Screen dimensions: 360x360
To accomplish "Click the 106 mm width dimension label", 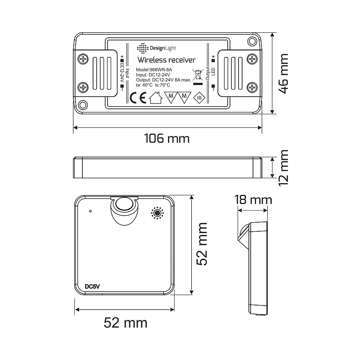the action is [x=166, y=139].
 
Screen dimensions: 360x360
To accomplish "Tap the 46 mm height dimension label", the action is [x=283, y=73].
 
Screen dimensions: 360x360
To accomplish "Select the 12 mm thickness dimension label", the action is [x=283, y=168].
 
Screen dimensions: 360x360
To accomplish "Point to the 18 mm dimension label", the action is [x=253, y=200].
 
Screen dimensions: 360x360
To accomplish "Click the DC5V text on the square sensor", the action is [x=92, y=287].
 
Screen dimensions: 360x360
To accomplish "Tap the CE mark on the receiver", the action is [x=138, y=98].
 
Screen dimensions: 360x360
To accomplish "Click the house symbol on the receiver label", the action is [x=156, y=98].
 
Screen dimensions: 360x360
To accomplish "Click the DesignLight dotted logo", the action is [x=143, y=48].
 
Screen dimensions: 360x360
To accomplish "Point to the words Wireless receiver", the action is [x=166, y=60].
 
